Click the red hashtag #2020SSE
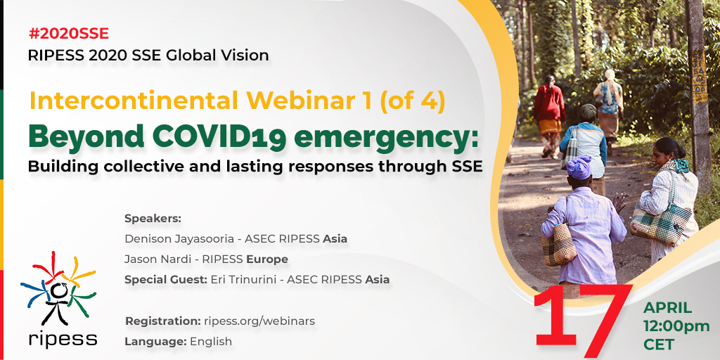tap(68, 34)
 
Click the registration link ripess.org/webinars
tap(259, 321)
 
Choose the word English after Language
tap(211, 342)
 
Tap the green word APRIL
tap(667, 308)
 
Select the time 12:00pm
tap(676, 326)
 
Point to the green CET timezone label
tap(659, 345)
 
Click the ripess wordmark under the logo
tap(63, 339)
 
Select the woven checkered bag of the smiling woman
tap(660, 224)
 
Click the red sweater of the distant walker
tap(548, 103)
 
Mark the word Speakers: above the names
tap(153, 219)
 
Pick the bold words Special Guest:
tap(166, 279)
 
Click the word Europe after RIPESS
tap(267, 259)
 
